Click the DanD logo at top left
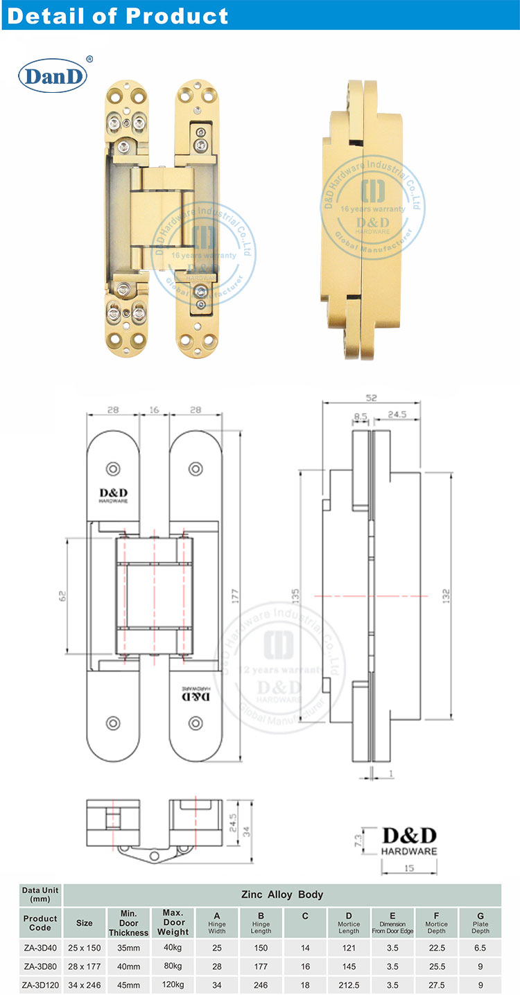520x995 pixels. (x=53, y=76)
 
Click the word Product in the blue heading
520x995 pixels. (x=182, y=15)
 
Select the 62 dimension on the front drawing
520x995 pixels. (x=61, y=595)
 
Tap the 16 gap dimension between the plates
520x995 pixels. (x=154, y=410)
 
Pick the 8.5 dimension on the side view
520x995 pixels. (x=361, y=416)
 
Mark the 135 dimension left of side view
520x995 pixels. (x=295, y=595)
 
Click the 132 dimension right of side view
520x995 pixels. (x=446, y=595)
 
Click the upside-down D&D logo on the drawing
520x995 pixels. (x=196, y=694)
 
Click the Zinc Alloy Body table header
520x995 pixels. (x=281, y=895)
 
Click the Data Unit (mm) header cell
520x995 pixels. (x=40, y=895)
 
